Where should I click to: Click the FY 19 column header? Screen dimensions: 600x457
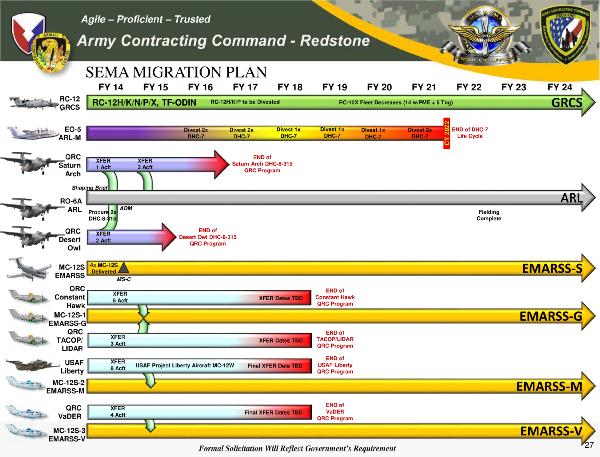click(x=334, y=87)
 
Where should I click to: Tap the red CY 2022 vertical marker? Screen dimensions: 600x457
click(x=447, y=133)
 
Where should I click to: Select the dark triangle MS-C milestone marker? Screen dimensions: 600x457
click(x=124, y=268)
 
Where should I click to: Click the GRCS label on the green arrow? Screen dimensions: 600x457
click(x=566, y=103)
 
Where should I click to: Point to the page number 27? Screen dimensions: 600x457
click(x=589, y=445)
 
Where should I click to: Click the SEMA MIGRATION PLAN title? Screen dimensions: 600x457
click(x=176, y=72)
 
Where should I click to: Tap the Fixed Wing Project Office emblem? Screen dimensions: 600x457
click(x=485, y=36)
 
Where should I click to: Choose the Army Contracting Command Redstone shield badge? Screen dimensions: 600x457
click(x=566, y=35)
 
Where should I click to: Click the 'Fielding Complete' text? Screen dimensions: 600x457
click(x=489, y=215)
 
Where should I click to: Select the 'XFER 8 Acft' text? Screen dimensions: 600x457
click(x=118, y=365)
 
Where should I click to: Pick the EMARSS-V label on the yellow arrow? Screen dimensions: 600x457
click(x=551, y=431)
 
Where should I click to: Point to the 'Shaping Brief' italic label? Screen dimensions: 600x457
click(x=90, y=188)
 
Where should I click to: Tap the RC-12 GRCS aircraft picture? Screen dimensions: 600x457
click(x=33, y=103)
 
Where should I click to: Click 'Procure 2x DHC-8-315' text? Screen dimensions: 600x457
click(x=102, y=215)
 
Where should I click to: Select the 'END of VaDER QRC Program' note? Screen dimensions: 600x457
click(x=335, y=412)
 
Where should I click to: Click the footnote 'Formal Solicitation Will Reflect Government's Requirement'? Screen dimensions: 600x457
click(x=297, y=448)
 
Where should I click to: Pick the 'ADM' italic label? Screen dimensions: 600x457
click(x=126, y=208)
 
